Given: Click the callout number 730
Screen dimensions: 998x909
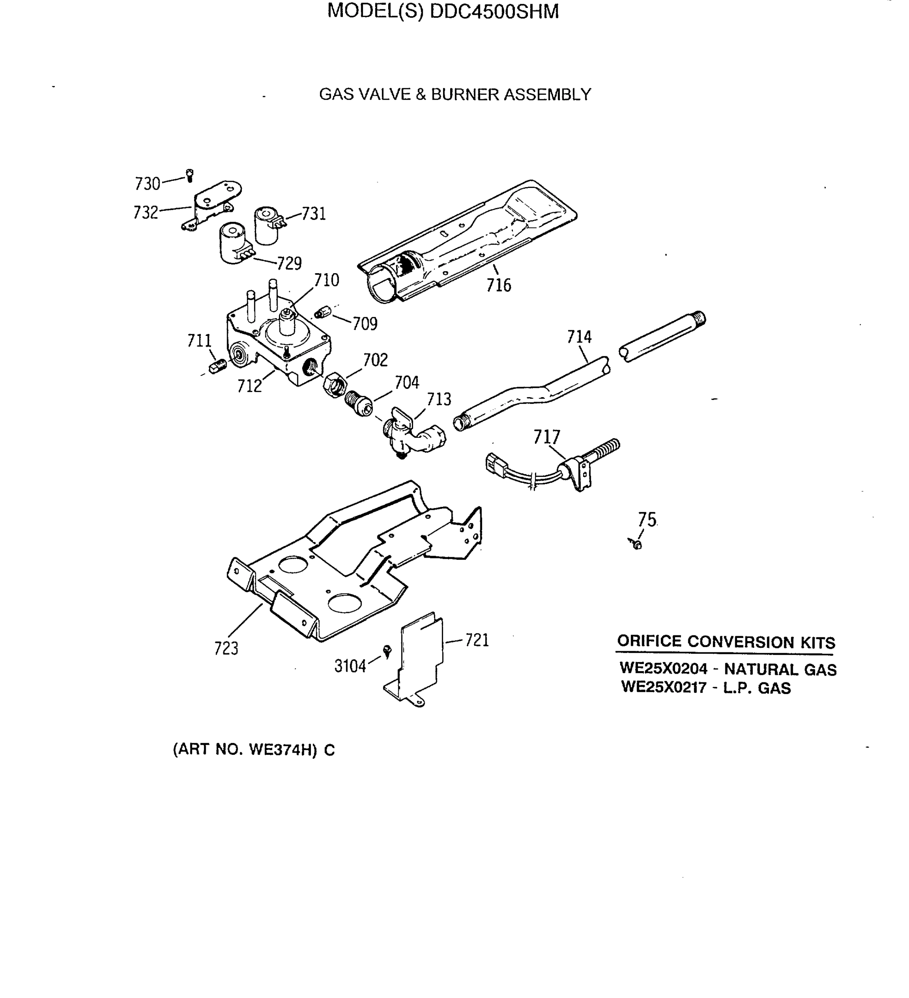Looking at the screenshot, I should [x=148, y=184].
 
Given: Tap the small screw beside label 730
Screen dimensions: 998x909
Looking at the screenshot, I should [x=190, y=175].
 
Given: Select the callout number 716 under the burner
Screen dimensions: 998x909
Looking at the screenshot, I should [x=498, y=285].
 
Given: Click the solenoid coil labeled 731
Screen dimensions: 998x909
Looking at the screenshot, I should [x=267, y=226].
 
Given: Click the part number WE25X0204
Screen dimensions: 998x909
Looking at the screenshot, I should [x=663, y=668].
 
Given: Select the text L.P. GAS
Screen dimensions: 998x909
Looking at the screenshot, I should [x=757, y=688].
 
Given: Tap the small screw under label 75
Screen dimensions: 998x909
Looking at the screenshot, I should [x=637, y=544].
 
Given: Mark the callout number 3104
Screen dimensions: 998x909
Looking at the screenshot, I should [x=350, y=666].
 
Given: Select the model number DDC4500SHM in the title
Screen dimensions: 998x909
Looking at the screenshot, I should [x=494, y=11].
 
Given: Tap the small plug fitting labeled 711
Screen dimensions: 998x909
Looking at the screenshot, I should [x=218, y=367].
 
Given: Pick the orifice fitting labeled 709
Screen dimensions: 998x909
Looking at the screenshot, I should [x=323, y=313].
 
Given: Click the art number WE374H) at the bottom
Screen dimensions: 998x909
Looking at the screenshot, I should [x=282, y=750].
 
